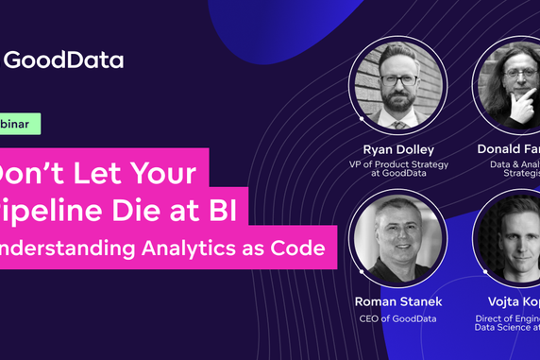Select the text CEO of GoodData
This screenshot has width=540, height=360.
(x=397, y=319)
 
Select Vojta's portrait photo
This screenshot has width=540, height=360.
(x=510, y=241)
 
